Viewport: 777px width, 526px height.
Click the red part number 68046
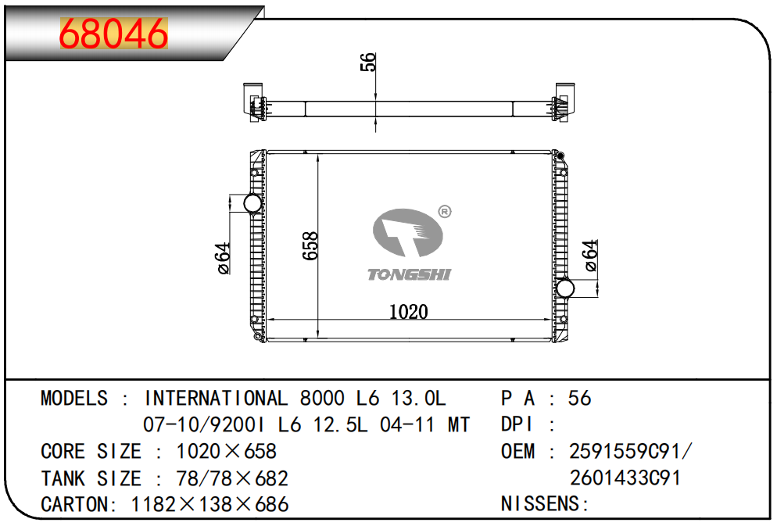coord(113,34)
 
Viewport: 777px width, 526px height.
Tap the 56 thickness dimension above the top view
coord(368,63)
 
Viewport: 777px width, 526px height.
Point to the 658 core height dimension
coord(310,245)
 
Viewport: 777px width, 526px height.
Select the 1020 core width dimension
coord(408,312)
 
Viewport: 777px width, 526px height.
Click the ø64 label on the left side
coord(224,258)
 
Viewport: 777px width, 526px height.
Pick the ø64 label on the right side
coord(591,256)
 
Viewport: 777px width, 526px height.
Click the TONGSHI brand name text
coord(410,274)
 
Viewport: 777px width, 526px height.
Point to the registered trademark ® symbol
coord(445,212)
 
